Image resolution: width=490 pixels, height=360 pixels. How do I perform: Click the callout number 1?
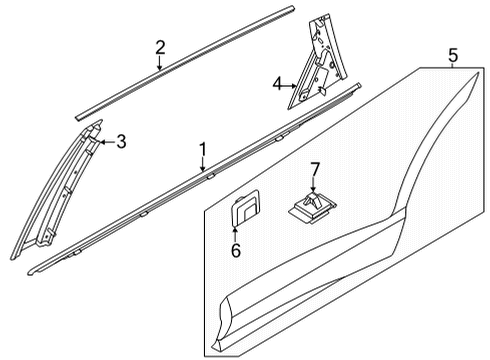[x=202, y=150]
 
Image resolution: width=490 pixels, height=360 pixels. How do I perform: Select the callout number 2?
[x=160, y=47]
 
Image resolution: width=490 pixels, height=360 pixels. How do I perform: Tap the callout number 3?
[x=121, y=142]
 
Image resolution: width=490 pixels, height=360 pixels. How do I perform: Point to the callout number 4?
[x=277, y=86]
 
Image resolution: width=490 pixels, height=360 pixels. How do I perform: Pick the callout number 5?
[x=452, y=54]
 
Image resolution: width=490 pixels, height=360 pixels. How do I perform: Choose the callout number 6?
[x=236, y=251]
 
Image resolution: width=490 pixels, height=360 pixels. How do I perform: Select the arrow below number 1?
[x=205, y=168]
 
